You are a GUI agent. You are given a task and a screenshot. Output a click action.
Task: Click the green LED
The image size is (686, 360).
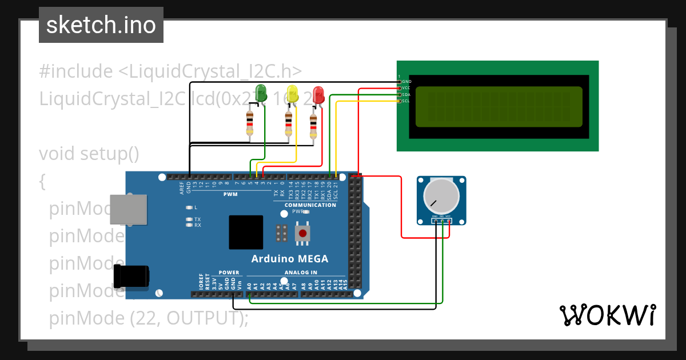261,93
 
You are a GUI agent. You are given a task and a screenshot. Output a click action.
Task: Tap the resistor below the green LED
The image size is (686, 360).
250,122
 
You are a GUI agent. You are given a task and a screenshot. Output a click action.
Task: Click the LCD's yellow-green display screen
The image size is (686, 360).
498,106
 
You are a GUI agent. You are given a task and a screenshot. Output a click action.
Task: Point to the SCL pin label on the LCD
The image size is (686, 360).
406,101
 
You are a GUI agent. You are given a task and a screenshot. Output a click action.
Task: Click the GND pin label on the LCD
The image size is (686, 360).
406,82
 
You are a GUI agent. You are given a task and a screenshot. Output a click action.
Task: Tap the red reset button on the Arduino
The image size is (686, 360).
302,233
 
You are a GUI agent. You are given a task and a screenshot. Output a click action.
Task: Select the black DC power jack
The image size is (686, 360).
131,275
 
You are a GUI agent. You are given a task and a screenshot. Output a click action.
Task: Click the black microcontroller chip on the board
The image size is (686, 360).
246,232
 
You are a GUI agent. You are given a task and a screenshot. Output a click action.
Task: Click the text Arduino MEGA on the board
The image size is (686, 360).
290,259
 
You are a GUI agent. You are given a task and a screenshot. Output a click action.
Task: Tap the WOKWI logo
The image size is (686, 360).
607,315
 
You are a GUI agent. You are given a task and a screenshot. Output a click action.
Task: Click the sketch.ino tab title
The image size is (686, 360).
101,25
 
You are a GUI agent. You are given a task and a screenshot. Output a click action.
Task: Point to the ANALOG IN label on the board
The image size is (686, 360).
301,273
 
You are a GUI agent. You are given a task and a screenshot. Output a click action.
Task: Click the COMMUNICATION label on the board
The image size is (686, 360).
310,205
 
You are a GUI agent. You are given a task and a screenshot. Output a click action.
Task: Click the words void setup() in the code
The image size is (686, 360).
89,154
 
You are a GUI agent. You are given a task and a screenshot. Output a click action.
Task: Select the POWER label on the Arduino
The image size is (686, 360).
229,273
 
